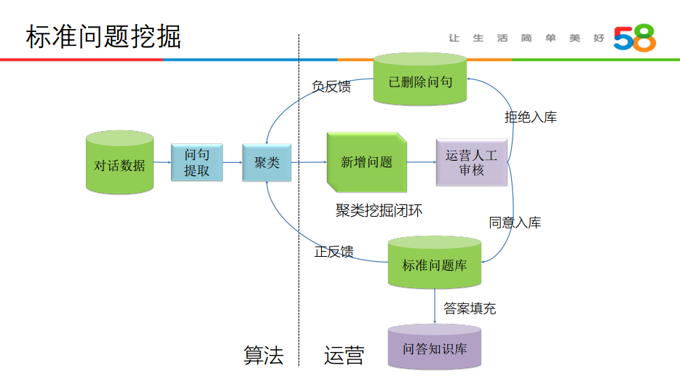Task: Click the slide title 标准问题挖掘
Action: tap(103, 36)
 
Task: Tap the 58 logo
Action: tap(634, 38)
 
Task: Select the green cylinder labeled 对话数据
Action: tap(119, 163)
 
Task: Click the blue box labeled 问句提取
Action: tap(197, 163)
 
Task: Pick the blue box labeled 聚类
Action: tap(266, 163)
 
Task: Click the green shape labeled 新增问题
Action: tap(366, 162)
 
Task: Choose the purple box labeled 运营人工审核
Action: tap(471, 162)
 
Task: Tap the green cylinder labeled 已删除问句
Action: tap(420, 80)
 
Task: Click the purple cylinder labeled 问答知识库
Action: tap(435, 348)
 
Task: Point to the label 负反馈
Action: tap(331, 87)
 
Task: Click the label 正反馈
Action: tap(333, 252)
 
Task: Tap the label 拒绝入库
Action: tap(531, 116)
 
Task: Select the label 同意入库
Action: tap(515, 223)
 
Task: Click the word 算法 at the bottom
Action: tap(263, 356)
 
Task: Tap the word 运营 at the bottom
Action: tap(344, 356)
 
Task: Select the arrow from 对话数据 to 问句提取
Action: tap(162, 162)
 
